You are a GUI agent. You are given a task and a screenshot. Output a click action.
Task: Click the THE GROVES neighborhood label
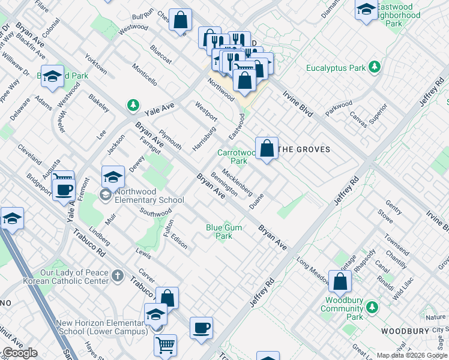tap(306, 149)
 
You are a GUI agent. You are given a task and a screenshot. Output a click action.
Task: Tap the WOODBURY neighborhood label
tap(405, 331)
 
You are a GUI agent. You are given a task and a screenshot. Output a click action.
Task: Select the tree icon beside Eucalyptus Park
tap(375, 66)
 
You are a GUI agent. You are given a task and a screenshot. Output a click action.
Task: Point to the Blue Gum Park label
tap(220, 232)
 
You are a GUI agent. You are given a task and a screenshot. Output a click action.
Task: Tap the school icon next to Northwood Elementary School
tap(106, 194)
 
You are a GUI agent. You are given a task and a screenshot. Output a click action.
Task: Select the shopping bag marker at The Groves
tap(267, 148)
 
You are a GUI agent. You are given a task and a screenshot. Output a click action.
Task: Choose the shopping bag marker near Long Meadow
tap(340, 280)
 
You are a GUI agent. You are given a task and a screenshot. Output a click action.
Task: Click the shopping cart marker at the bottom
tap(165, 344)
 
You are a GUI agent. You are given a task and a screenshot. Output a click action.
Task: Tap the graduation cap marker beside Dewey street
tap(112, 176)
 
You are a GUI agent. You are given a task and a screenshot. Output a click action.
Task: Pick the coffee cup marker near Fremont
tap(63, 190)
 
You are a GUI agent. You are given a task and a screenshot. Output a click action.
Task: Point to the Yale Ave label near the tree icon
tap(159, 108)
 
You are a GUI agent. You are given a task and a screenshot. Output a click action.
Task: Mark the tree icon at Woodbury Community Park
tap(372, 307)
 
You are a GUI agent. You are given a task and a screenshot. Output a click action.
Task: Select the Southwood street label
tap(155, 212)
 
